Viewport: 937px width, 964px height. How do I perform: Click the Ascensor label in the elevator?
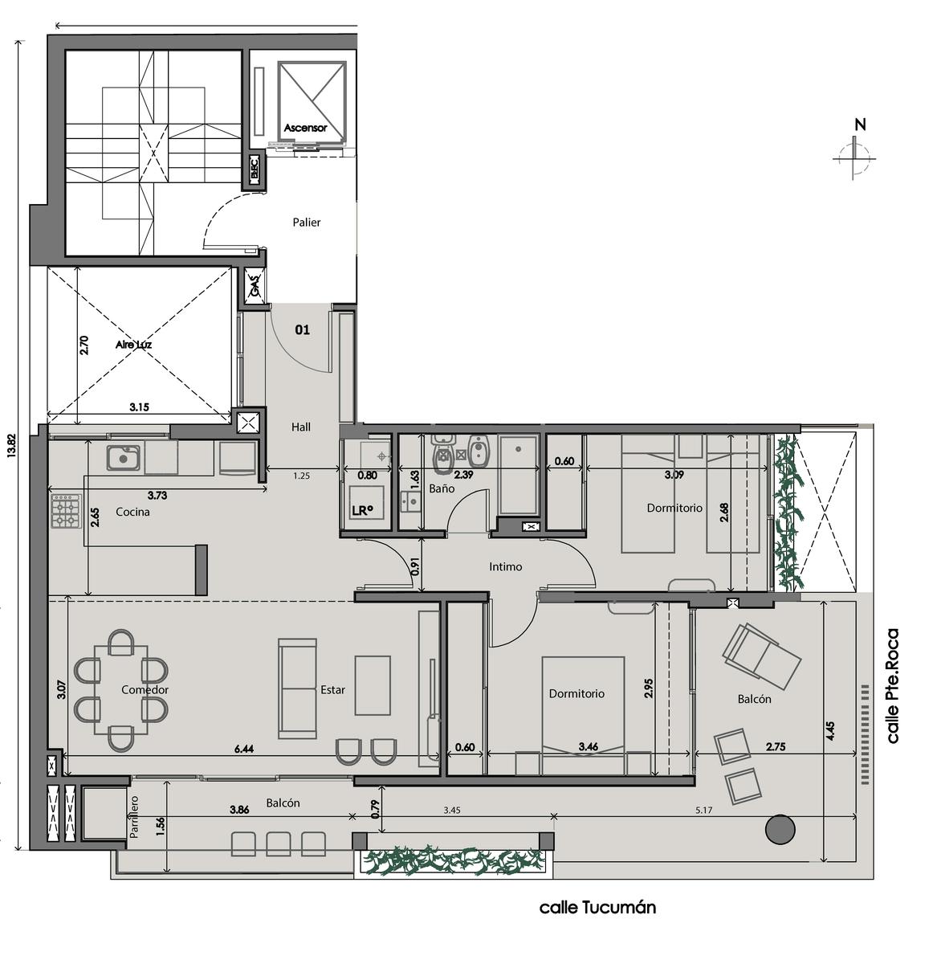pos(305,127)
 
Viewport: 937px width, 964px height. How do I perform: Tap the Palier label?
pos(306,222)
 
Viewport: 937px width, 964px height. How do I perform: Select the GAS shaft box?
pos(255,286)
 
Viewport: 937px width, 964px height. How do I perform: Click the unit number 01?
pos(302,329)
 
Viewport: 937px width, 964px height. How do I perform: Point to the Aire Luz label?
pos(133,345)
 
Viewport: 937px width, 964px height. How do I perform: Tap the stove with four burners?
pos(65,510)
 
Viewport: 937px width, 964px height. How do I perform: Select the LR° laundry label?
pos(362,510)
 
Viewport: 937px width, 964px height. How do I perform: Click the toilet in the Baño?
pos(442,455)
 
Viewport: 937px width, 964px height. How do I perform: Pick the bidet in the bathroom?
pos(479,451)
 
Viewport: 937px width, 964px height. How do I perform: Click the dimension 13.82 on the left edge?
pos(11,445)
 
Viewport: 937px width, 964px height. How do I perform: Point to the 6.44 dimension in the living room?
pos(244,749)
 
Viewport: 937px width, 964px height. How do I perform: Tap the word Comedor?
pos(145,689)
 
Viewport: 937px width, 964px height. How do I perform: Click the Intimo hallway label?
pos(505,566)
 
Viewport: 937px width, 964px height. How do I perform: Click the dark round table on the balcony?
pos(780,829)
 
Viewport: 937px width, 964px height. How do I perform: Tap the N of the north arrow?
pos(861,125)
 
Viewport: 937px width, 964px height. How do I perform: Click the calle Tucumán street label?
pos(597,908)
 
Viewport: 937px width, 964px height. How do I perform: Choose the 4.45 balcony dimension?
pos(830,731)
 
